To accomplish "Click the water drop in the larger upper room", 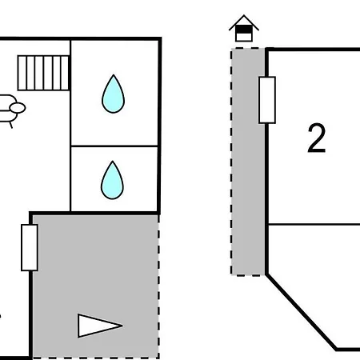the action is pyautogui.click(x=113, y=94).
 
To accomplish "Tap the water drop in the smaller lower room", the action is pyautogui.click(x=112, y=181).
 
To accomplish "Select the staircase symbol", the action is pyautogui.click(x=43, y=73).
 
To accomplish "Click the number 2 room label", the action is pyautogui.click(x=317, y=138).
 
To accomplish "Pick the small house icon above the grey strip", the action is pyautogui.click(x=244, y=28).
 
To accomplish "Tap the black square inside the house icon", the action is pyautogui.click(x=244, y=29).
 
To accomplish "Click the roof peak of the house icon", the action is pyautogui.click(x=244, y=15).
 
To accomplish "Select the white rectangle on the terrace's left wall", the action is pyautogui.click(x=30, y=248).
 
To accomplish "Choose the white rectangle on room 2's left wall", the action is pyautogui.click(x=267, y=100).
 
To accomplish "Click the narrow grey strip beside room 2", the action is pyautogui.click(x=248, y=162).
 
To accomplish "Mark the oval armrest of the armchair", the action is pyautogui.click(x=18, y=108).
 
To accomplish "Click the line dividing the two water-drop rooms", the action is pyautogui.click(x=114, y=146).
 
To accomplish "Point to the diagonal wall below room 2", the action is pyautogui.click(x=302, y=311).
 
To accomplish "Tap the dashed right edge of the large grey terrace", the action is pyautogui.click(x=158, y=286).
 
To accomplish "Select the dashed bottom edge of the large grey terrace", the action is pyautogui.click(x=96, y=358).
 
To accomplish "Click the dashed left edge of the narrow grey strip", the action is pyautogui.click(x=231, y=162).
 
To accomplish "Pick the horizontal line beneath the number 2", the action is pyautogui.click(x=314, y=225).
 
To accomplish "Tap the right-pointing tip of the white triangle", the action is pyautogui.click(x=122, y=326).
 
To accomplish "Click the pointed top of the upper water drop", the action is pyautogui.click(x=114, y=75).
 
